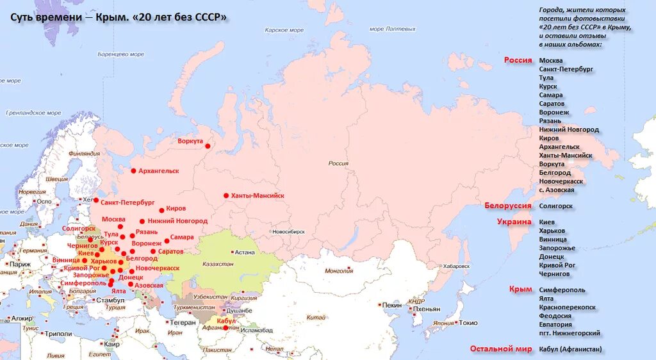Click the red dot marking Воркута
pyautogui.click(x=208, y=146)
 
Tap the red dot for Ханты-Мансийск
pyautogui.click(x=225, y=195)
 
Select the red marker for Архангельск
pyautogui.click(x=133, y=171)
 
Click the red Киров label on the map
pyautogui.click(x=176, y=209)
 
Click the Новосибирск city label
pyautogui.click(x=291, y=231)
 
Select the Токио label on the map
pyautogui.click(x=468, y=323)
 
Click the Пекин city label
pyautogui.click(x=392, y=306)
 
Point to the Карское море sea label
pyautogui.click(x=284, y=30)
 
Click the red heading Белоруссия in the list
pyautogui.click(x=508, y=206)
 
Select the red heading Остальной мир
pyautogui.click(x=501, y=349)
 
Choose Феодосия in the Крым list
pyautogui.click(x=555, y=316)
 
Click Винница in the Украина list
pyautogui.click(x=553, y=239)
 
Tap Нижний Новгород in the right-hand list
pyautogui.click(x=569, y=129)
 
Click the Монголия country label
pyautogui.click(x=339, y=271)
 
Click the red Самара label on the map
pyautogui.click(x=182, y=237)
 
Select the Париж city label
pyautogui.click(x=20, y=264)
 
